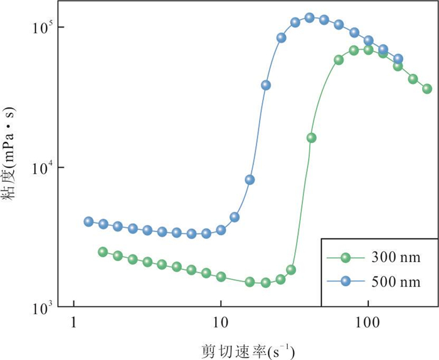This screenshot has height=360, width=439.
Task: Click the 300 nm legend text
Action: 396,257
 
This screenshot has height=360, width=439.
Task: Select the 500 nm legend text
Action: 396,282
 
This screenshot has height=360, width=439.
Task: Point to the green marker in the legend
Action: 346,257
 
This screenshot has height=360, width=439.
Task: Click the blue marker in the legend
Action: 346,281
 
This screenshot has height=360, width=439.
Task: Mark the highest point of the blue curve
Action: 309,18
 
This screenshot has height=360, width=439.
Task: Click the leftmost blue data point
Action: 88,221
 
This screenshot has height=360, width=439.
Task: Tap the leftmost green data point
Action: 103,251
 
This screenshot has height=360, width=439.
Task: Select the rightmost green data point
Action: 427,88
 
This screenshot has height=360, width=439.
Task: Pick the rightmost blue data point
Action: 398,59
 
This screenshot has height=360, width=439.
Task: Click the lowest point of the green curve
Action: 266,283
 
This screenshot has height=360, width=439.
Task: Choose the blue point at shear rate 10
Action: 221,230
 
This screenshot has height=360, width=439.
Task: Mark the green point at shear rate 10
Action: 221,277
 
